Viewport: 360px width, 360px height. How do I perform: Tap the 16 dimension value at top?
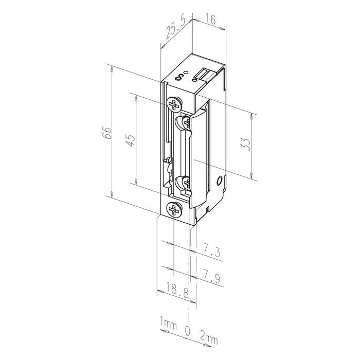[210, 20]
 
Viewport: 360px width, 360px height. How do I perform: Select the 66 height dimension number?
[107, 133]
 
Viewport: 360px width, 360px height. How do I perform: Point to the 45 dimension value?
[131, 140]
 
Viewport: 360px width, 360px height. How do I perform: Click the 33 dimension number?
[245, 145]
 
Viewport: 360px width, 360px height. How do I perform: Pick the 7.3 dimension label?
[211, 251]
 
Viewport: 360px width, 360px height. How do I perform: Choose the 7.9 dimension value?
[211, 277]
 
